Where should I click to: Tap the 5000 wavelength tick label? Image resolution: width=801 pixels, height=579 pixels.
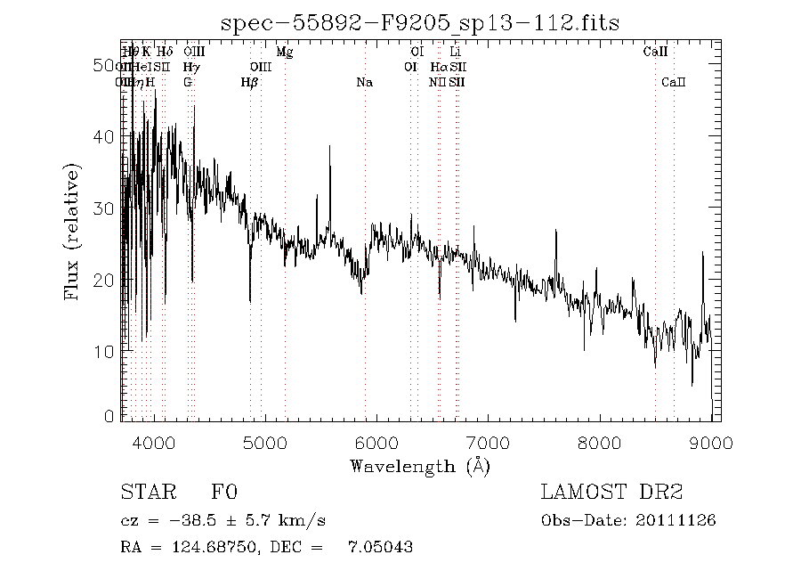pyautogui.click(x=265, y=443)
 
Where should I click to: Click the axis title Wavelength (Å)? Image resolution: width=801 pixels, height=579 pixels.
pyautogui.click(x=420, y=466)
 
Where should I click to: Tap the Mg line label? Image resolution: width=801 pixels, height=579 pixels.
pyautogui.click(x=285, y=52)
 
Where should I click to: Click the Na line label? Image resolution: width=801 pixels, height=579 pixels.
pyautogui.click(x=364, y=83)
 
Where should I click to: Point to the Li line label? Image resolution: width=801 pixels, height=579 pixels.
pyautogui.click(x=455, y=52)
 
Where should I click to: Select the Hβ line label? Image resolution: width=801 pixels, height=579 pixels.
pyautogui.click(x=250, y=83)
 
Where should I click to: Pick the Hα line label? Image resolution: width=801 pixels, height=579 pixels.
pyautogui.click(x=439, y=67)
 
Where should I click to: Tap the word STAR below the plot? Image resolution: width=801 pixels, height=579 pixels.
pyautogui.click(x=145, y=493)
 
